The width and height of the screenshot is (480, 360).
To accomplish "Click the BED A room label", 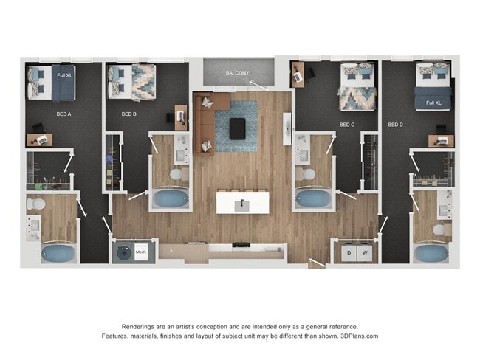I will pos(64,114).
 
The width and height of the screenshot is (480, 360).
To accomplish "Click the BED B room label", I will pos(128,114).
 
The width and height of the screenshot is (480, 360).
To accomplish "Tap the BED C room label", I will pos(347,125).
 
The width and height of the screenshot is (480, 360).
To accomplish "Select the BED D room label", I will pos(395,125).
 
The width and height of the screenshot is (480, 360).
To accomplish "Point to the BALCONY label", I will pos(238,73).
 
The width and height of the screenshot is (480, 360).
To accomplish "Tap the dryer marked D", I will pos(348,253).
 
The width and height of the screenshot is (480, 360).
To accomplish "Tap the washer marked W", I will pos(364,253).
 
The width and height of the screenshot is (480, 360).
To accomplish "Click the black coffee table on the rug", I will pos(238,128).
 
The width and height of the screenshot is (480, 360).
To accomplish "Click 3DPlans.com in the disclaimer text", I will pos(360,336).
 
